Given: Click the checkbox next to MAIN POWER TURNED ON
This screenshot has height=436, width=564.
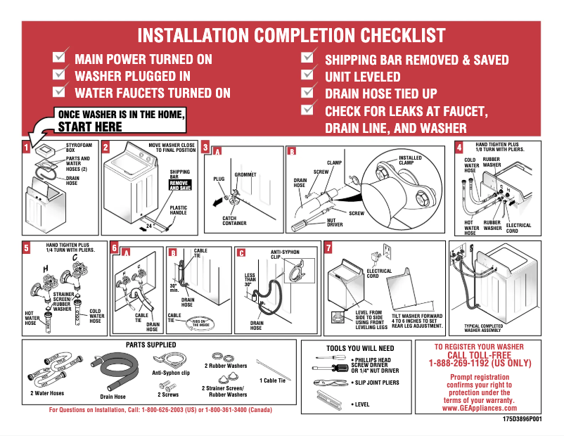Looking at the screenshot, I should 61,57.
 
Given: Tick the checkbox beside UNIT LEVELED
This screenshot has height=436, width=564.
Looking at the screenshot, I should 307,75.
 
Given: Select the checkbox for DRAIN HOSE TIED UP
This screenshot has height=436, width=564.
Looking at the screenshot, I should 307,92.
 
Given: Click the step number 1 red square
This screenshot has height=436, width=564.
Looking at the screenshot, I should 27,148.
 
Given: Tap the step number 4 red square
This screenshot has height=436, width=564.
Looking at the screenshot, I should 459,148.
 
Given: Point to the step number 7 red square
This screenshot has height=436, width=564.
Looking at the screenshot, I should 328,248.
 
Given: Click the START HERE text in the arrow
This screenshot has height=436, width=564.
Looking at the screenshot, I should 90,127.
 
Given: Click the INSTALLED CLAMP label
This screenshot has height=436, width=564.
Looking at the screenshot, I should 410,161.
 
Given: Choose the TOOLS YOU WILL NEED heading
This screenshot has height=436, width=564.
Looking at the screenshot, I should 360,348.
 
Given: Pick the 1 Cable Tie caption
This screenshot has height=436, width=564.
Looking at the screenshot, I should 273,380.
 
